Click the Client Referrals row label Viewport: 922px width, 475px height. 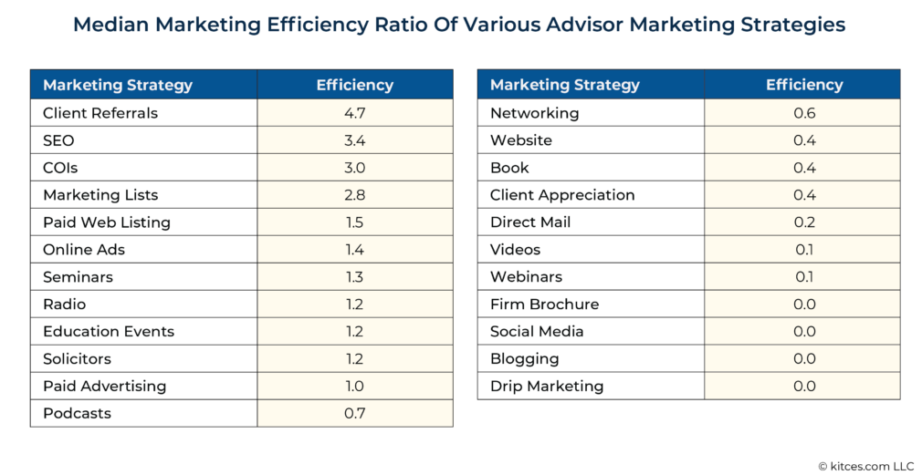[x=100, y=113]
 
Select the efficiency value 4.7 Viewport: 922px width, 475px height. [x=354, y=113]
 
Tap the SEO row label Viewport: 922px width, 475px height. [x=58, y=140]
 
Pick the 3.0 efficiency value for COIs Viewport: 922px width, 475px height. [x=354, y=168]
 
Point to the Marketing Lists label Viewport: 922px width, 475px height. [x=100, y=195]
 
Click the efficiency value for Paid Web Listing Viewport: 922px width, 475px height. [x=354, y=222]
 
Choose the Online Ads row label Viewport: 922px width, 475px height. [x=84, y=250]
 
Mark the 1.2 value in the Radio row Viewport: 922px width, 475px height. [x=354, y=305]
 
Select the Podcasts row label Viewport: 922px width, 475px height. [x=77, y=413]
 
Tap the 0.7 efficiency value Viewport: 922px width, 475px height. [x=354, y=413]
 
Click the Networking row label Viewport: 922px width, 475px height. [x=534, y=113]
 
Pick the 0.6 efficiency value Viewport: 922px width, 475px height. [x=803, y=113]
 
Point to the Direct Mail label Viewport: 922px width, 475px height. [x=533, y=222]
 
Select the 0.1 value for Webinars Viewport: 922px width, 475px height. [x=803, y=277]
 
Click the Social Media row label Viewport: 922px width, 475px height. [x=537, y=332]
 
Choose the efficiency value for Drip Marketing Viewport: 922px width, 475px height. [x=803, y=386]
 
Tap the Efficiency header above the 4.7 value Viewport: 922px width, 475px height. [x=354, y=85]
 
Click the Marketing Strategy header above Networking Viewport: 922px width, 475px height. [x=565, y=85]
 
